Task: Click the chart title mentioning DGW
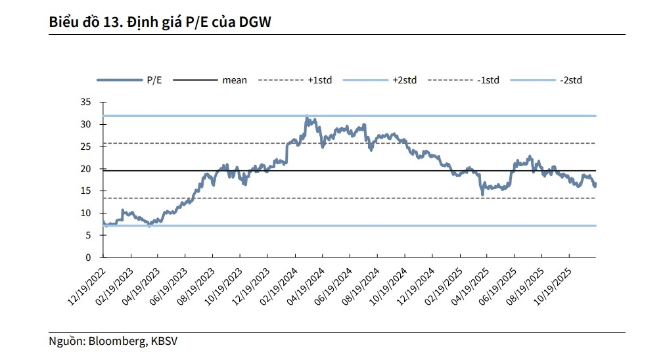[x=160, y=22]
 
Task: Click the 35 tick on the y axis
[x=85, y=102]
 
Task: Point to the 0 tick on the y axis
[x=88, y=258]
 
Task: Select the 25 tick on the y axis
[x=85, y=146]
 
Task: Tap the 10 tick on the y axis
[x=85, y=214]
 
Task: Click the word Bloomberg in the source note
[x=116, y=342]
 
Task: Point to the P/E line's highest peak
[x=307, y=118]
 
